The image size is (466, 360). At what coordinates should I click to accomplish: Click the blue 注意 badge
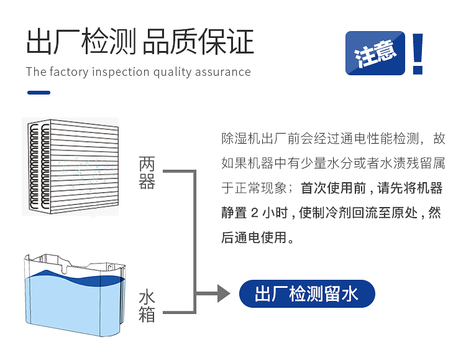[x=376, y=53]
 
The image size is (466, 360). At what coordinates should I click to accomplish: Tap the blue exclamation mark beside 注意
[x=418, y=53]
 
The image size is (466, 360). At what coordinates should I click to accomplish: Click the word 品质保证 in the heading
[x=198, y=43]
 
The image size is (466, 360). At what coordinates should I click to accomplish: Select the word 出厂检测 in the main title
[x=81, y=43]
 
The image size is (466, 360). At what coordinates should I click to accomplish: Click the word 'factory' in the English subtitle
[x=69, y=72]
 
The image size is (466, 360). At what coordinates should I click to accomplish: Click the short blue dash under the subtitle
[x=39, y=93]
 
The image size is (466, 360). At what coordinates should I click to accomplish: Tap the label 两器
[x=147, y=174]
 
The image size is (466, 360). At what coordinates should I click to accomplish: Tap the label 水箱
[x=147, y=305]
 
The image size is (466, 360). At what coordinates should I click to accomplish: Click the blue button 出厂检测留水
[x=307, y=293]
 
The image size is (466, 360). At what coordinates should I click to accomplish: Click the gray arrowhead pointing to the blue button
[x=223, y=293]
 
